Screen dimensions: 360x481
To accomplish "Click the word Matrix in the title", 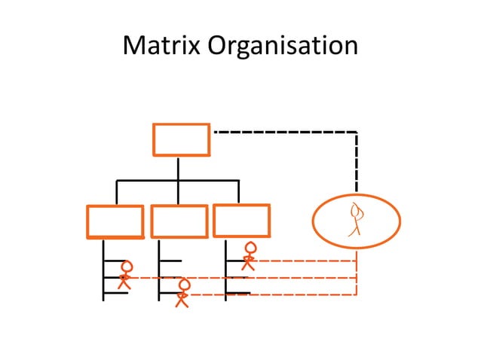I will point(161,47).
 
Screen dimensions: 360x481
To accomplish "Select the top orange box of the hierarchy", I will point(181,139).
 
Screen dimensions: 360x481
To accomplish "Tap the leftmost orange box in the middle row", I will point(115,221).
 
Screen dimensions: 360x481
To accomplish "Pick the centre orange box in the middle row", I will point(179,221).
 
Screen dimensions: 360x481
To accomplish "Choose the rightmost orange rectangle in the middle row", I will point(241,220).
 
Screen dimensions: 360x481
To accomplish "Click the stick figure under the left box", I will point(126,275).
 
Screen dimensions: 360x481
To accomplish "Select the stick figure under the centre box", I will point(182,293).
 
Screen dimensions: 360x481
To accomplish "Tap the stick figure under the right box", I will point(250,256).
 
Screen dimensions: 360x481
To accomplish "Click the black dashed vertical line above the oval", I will point(357,162).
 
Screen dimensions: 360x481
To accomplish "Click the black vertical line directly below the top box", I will point(178,168).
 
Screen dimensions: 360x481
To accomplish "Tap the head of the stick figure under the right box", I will point(250,248).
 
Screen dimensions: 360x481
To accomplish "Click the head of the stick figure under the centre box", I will point(183,285).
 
